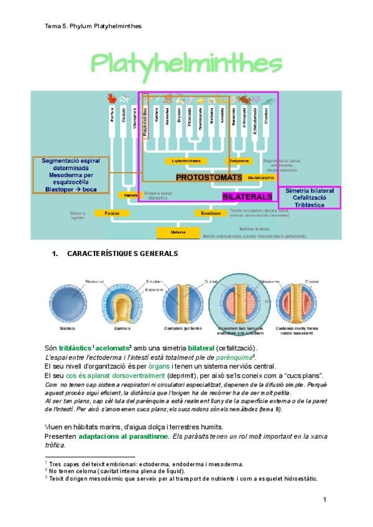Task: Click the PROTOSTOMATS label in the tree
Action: coord(208,178)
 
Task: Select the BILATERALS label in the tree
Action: coord(247,196)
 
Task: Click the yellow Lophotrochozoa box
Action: coord(186,160)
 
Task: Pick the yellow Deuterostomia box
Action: coord(257,178)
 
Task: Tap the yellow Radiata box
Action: coord(131,195)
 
